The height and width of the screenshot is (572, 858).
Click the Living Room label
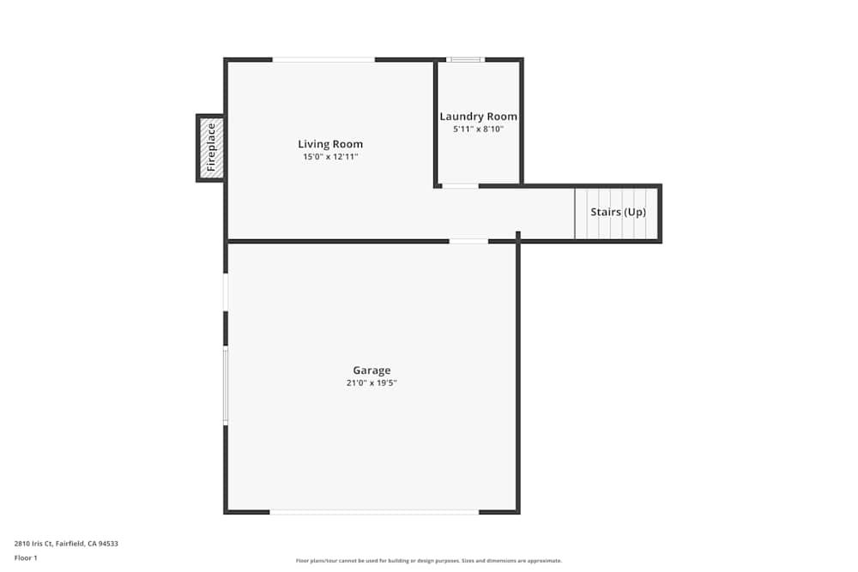[x=330, y=144]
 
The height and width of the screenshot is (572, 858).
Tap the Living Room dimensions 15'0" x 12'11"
[x=330, y=157]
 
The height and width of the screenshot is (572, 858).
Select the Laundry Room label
[x=479, y=117]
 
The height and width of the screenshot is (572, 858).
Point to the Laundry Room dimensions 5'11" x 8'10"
[x=479, y=129]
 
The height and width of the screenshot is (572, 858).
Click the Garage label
[x=372, y=370]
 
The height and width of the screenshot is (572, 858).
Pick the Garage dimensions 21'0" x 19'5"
[x=372, y=383]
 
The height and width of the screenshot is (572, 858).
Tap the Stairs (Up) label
[x=618, y=212]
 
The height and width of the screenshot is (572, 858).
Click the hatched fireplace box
[x=211, y=148]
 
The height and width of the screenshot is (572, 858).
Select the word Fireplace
[x=211, y=148]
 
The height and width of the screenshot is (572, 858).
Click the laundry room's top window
[x=466, y=59]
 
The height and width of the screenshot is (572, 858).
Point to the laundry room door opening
[x=460, y=185]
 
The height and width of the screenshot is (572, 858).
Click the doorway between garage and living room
[x=468, y=241]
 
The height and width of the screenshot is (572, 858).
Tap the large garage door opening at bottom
[x=374, y=512]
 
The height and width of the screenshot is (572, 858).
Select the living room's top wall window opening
[x=323, y=59]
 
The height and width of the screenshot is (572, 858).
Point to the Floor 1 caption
[x=26, y=557]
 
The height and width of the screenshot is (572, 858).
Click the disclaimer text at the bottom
[x=429, y=561]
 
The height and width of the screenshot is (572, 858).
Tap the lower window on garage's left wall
[x=226, y=386]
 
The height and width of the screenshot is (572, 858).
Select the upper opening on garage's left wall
[x=226, y=292]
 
